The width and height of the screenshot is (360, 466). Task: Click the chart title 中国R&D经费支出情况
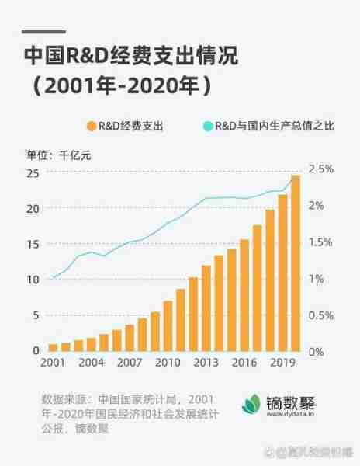click(130, 57)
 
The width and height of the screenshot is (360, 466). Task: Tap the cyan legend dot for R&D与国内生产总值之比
click(207, 125)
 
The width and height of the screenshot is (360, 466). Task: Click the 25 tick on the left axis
click(33, 172)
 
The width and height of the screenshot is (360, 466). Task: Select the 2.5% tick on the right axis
click(320, 169)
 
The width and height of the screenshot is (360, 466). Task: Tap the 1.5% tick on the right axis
click(320, 242)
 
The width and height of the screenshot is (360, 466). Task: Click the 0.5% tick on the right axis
click(320, 315)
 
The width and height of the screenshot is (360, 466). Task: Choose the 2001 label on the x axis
click(53, 363)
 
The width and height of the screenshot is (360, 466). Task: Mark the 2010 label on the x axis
click(167, 363)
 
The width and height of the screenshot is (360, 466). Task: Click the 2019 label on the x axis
click(282, 363)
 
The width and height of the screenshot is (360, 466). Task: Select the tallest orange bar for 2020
click(296, 263)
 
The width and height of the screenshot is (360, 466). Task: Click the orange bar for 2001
click(53, 347)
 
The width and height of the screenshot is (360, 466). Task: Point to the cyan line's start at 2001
click(53, 277)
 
